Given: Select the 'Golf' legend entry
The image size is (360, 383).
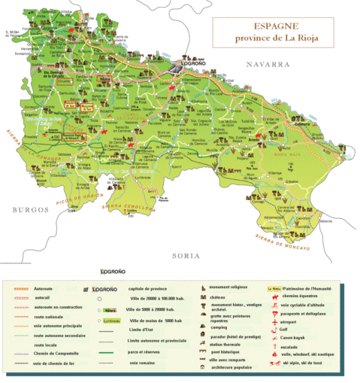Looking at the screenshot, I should coord(285,329).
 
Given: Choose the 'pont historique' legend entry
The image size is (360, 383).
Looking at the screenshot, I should coord(226,352).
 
